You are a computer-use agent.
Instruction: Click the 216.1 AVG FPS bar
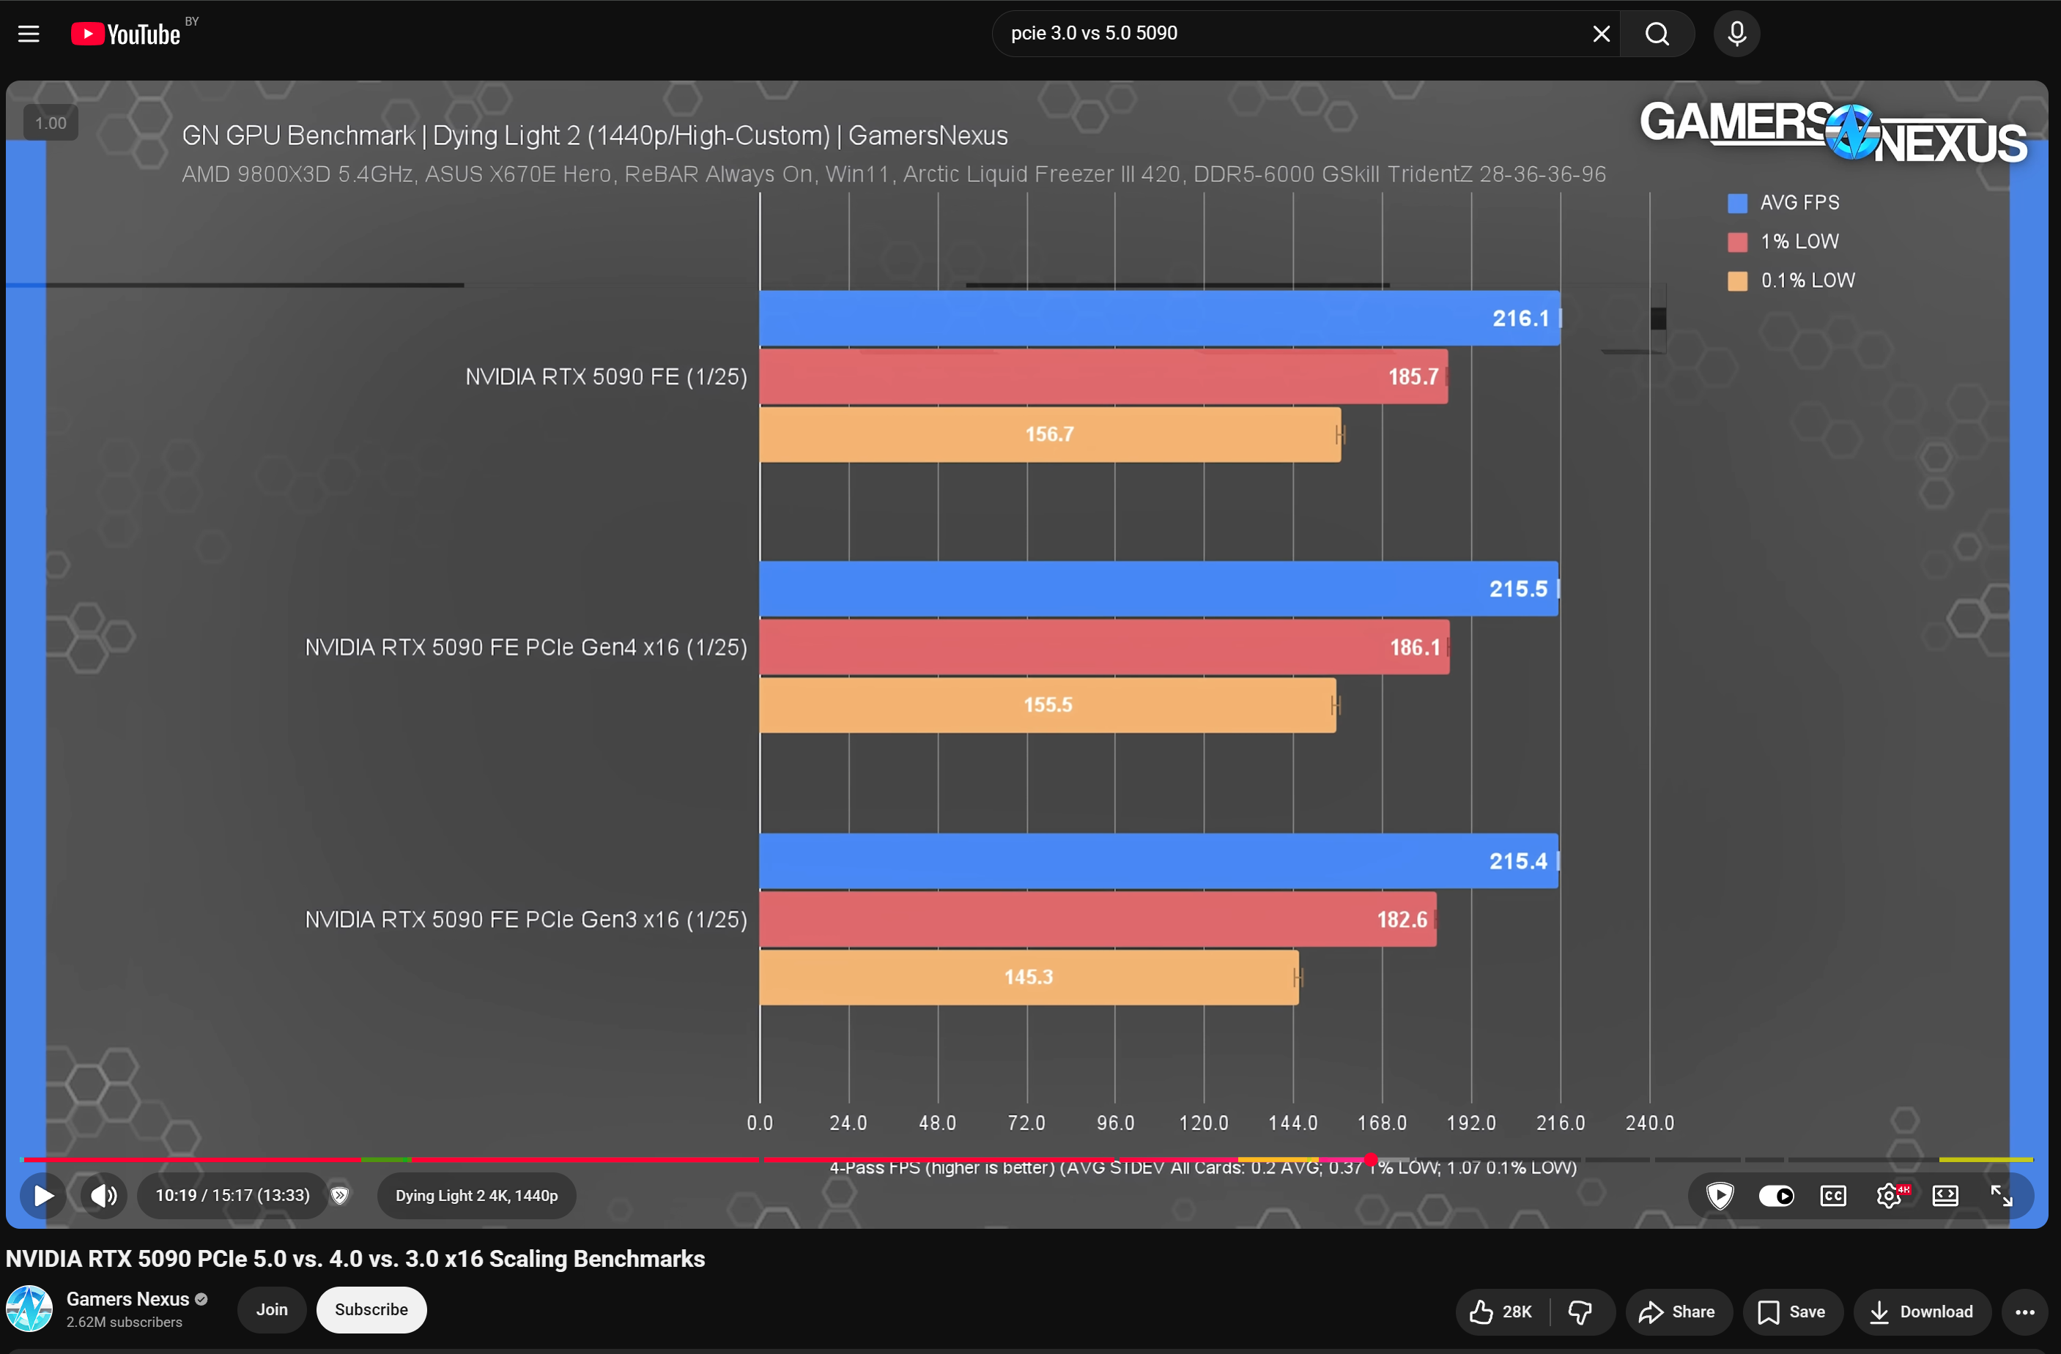point(1160,319)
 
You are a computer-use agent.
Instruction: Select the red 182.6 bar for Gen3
point(1098,920)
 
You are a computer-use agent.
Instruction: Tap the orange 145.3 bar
point(1029,978)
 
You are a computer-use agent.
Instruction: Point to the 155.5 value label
point(1048,704)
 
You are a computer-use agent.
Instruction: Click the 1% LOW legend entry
point(1783,242)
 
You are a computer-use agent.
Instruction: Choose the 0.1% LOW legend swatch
point(1737,280)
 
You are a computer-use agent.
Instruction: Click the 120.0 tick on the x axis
point(1204,1123)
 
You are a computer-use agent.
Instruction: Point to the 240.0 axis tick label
point(1650,1123)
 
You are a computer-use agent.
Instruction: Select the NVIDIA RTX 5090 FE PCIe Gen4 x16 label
point(525,647)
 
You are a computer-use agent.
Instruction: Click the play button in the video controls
point(42,1196)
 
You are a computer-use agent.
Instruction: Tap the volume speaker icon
point(104,1196)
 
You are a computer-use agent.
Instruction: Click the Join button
point(272,1310)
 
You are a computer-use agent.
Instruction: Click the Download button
point(1922,1312)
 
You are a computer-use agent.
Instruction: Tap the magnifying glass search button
point(1657,34)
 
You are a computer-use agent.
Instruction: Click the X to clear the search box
point(1601,34)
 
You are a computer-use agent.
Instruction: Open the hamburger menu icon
point(29,34)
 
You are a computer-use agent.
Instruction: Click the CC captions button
point(1832,1196)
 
